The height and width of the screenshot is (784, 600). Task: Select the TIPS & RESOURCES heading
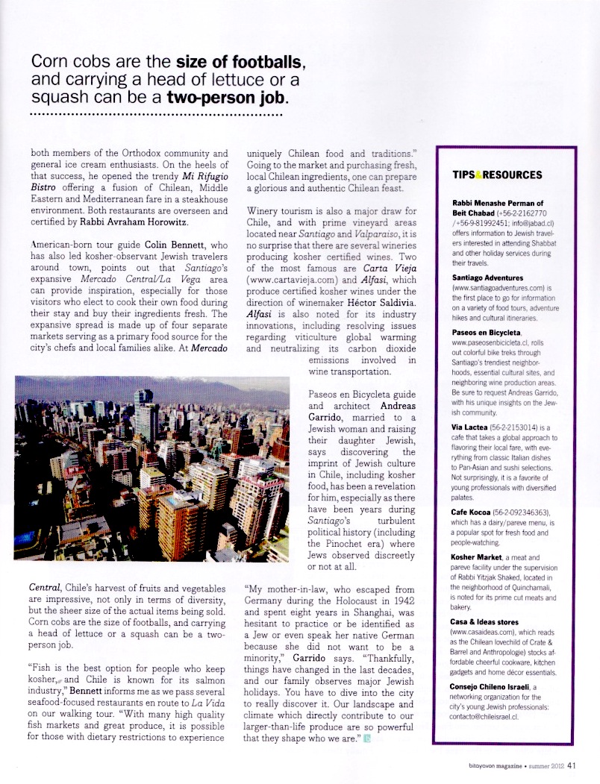[497, 175]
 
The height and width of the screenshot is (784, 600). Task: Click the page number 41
[572, 763]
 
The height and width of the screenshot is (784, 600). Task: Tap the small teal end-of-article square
[366, 718]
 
